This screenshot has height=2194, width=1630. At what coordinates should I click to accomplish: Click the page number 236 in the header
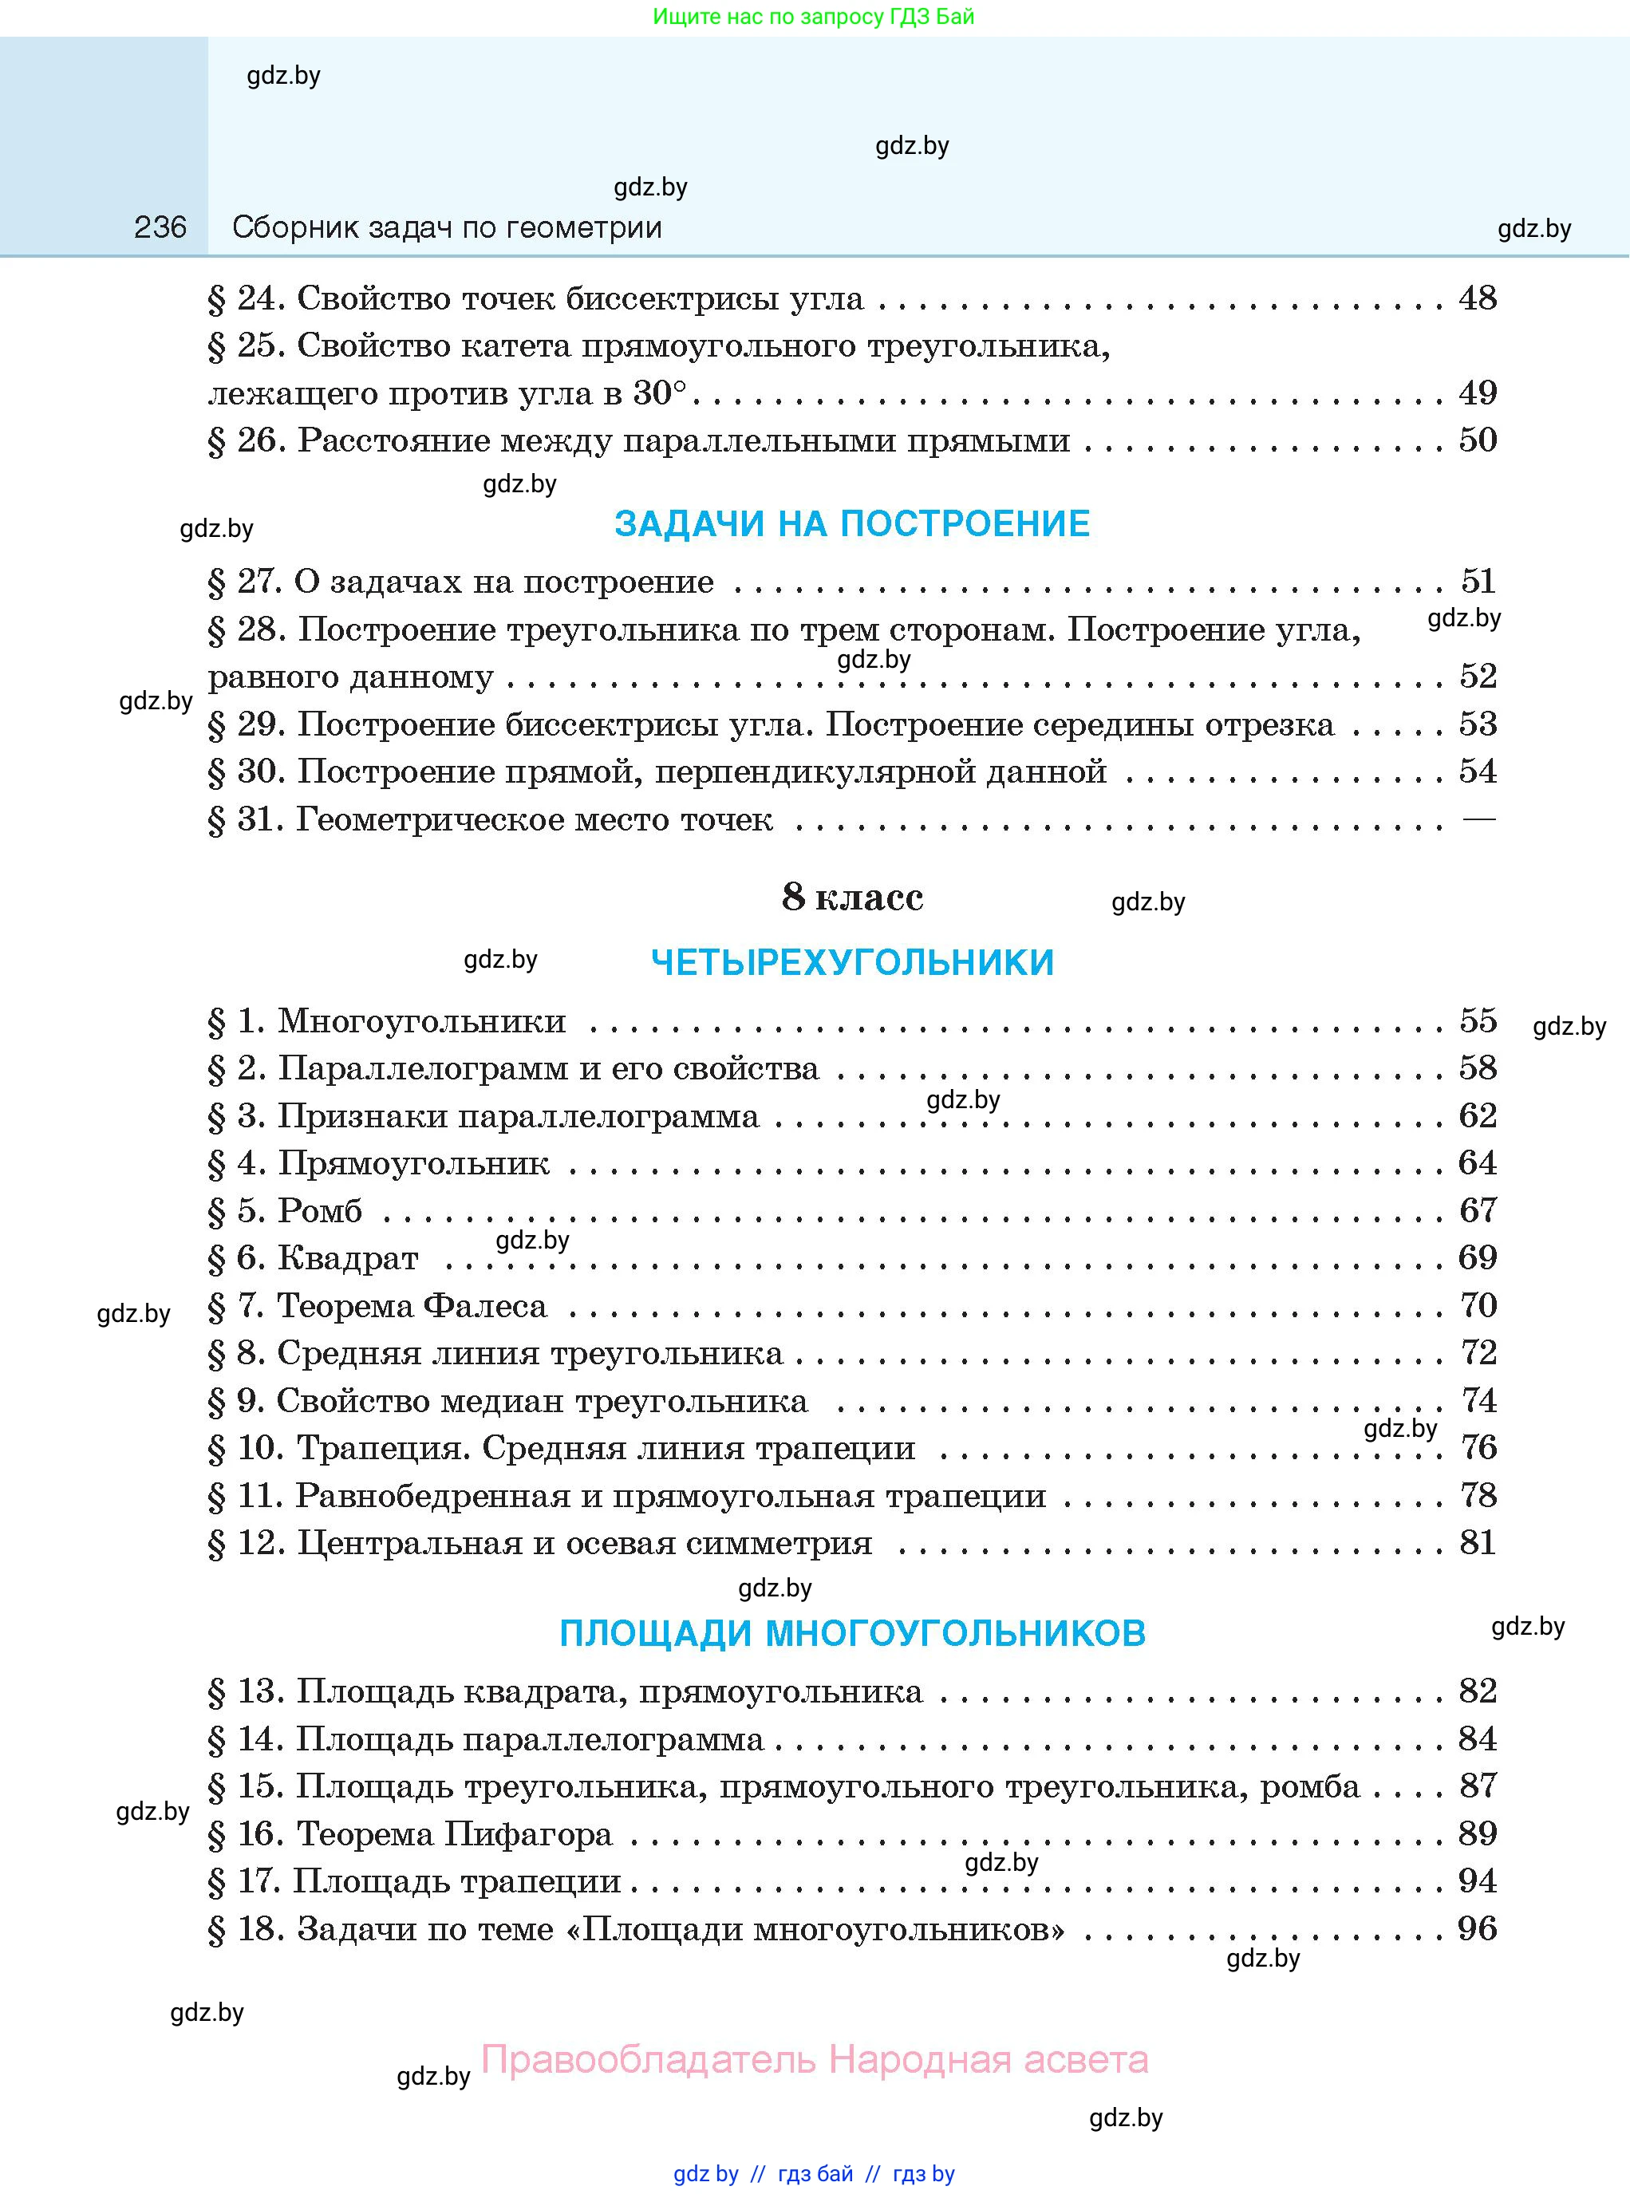coord(160,228)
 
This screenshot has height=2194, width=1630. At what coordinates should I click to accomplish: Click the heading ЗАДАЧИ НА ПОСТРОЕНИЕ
coord(851,524)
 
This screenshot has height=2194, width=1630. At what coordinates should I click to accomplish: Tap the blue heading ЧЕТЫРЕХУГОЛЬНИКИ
coord(851,962)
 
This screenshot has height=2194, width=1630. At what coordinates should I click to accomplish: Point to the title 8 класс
coord(851,897)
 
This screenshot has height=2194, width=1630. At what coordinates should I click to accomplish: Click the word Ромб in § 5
coord(320,1210)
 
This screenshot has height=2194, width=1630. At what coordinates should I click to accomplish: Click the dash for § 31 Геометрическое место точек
coord(1478,819)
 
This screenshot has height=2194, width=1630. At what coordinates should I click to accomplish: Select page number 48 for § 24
coord(1477,298)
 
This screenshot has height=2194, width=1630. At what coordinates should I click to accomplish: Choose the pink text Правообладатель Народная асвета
coord(814,2059)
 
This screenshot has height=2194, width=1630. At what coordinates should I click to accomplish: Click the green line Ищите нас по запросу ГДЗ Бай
coord(813,17)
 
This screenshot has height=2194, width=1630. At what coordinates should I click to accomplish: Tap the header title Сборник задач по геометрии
coord(447,228)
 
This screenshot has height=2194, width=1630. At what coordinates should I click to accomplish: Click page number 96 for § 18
coord(1477,1928)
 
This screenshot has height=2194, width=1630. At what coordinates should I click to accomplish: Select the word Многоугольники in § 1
coord(421,1020)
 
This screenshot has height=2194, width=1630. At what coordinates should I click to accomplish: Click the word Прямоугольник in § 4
coord(412,1163)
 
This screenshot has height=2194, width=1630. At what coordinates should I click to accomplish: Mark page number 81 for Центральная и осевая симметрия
coord(1477,1542)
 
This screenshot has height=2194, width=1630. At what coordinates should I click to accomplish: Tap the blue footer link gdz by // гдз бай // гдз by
coord(814,2173)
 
